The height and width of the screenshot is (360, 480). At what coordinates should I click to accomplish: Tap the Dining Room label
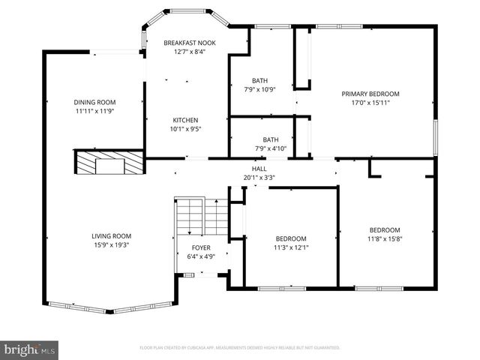coord(94,103)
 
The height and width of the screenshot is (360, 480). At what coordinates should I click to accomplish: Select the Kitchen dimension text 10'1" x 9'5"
coord(186,129)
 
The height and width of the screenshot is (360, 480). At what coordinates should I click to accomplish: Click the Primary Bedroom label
coord(370,94)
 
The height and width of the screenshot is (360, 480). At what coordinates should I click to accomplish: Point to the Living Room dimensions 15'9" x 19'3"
coord(112,244)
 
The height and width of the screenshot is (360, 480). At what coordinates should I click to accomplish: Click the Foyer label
coord(201,247)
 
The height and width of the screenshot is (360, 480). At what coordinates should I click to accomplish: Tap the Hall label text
coord(259,169)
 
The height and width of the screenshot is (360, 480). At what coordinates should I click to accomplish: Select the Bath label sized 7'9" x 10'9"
coord(259,80)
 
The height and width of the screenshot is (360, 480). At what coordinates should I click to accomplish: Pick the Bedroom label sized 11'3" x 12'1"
coord(290,238)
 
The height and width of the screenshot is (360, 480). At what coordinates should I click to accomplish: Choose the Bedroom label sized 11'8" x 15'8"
coord(384,230)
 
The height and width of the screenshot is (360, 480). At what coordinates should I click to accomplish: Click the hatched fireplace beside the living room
coord(109,162)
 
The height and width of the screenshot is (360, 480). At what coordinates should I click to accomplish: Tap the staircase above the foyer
coord(201,216)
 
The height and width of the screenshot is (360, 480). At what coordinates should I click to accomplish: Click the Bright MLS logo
coord(30,349)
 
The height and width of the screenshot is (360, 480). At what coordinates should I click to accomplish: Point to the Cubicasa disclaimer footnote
coord(240,348)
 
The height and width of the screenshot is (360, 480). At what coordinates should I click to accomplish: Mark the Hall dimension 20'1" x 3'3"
coord(259,178)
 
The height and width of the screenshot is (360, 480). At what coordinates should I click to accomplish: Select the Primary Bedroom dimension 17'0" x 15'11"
coord(370,103)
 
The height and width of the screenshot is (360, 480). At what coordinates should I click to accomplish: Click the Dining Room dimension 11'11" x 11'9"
coord(94,112)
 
